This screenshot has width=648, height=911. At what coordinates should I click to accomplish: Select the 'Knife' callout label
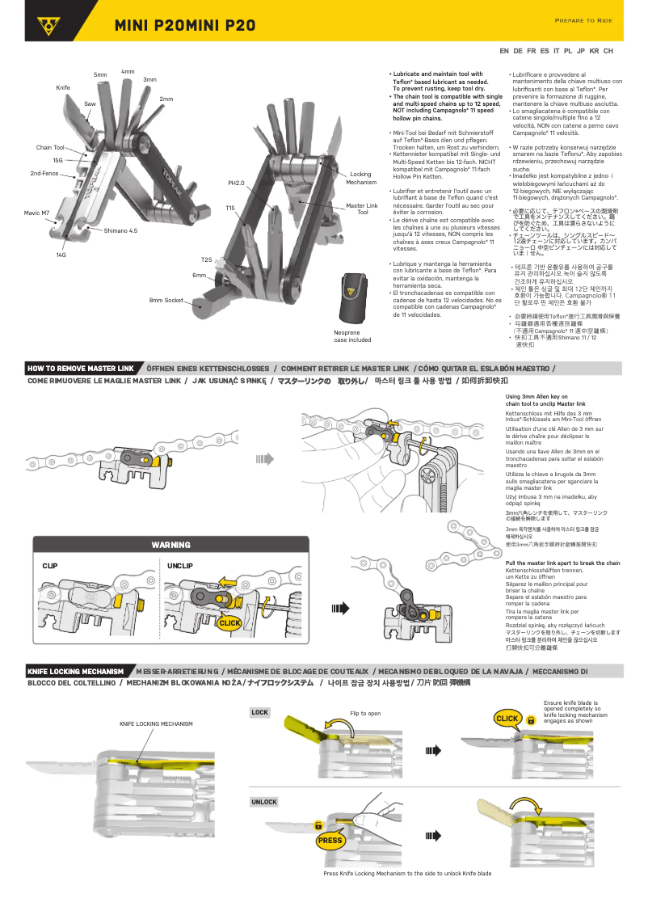click(63, 86)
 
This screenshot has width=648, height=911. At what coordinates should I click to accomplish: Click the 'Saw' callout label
click(90, 104)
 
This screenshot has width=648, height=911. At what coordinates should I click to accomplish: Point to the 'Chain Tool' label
click(50, 148)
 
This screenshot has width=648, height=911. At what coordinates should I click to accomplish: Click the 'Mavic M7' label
click(36, 213)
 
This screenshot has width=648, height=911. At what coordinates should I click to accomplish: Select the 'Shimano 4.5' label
click(120, 230)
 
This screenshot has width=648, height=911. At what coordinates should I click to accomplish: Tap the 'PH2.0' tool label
click(236, 183)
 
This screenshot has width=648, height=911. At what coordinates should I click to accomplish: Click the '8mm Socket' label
click(167, 301)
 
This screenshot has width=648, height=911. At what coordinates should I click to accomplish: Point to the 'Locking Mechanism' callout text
click(360, 178)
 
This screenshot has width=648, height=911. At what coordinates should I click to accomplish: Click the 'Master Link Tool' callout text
click(361, 209)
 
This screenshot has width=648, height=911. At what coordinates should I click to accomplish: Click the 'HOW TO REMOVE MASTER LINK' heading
click(81, 368)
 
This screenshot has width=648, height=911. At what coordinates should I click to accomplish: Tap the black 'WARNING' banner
click(171, 545)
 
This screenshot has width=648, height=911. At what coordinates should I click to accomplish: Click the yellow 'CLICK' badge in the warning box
click(230, 623)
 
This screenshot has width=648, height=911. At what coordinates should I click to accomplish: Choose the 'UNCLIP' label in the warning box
click(179, 566)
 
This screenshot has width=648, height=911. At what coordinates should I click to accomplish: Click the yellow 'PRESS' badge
click(330, 841)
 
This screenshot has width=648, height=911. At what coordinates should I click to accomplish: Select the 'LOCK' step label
click(259, 713)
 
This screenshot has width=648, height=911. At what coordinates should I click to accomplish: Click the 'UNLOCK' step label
click(263, 802)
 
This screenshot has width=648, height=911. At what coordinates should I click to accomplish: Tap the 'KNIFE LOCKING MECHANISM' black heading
click(76, 671)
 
